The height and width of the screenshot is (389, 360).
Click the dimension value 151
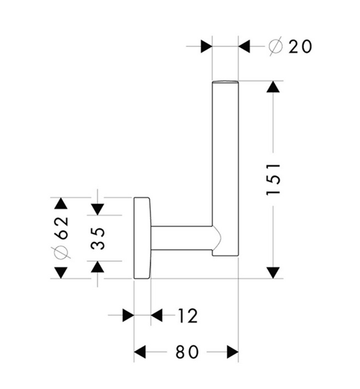pos(273,179)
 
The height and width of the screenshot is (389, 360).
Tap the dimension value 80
pos(187,352)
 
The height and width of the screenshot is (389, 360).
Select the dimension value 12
pos(188,316)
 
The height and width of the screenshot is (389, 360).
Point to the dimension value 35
pos(97,238)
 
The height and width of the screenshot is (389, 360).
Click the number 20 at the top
pos(300,46)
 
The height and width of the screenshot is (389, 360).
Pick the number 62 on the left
pos(61,228)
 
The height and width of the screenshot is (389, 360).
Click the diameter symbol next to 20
pos(276,46)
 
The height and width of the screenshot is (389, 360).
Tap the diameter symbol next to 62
pos(61,253)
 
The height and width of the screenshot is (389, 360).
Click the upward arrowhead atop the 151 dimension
pos(273,87)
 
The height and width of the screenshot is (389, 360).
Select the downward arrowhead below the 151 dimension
pos(273,272)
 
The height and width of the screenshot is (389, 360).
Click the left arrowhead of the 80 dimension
pos(140,352)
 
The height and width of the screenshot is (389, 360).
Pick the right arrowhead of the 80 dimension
pos(233,352)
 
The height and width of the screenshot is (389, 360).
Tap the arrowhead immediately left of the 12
pos(156,316)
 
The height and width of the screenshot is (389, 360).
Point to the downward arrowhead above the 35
pos(97,210)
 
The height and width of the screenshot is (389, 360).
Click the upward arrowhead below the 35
pos(97,267)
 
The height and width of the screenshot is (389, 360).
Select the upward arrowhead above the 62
pos(61,203)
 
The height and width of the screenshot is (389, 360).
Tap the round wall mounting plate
pos(142,238)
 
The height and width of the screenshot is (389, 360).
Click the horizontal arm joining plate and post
pos(182,238)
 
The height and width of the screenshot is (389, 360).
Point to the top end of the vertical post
pos(225,81)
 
